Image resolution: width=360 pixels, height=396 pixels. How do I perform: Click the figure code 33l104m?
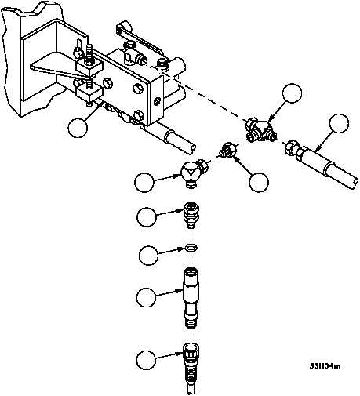325,365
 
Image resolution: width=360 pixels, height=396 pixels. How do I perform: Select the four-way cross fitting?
261,131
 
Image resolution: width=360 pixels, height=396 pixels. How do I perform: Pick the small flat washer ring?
191,248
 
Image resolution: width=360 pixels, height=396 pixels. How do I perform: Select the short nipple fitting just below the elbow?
191,214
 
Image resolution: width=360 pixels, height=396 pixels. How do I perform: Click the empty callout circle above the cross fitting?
293,93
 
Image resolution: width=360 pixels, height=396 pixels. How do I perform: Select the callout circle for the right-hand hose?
339,123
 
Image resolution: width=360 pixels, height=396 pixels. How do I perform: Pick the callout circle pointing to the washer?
148,256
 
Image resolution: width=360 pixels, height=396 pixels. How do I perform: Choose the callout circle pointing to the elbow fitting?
144,183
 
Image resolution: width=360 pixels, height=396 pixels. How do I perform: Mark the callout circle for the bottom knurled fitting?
146,360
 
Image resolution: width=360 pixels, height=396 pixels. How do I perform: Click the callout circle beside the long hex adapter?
147,297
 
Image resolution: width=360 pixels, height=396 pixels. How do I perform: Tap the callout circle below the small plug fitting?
259,182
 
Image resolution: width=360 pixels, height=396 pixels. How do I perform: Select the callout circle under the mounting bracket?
78,128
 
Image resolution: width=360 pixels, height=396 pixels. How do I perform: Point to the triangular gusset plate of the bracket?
56,65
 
